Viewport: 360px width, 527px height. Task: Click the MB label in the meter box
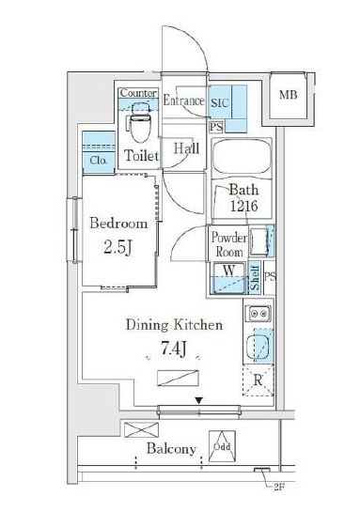[289, 95]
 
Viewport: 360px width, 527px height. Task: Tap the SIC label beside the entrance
[219, 102]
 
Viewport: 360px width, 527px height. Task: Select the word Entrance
[183, 101]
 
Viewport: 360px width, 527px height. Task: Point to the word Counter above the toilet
[138, 93]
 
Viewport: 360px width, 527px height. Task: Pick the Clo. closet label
[99, 161]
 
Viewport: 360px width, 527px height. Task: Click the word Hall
[187, 148]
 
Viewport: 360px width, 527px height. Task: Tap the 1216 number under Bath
[243, 206]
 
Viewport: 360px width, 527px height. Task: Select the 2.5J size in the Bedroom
[117, 247]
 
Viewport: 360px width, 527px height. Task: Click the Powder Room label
[228, 244]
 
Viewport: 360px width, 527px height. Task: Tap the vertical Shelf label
[255, 278]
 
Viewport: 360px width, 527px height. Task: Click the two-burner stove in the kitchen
[258, 314]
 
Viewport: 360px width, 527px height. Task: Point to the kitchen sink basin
[258, 348]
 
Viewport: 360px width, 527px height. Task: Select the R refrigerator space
[258, 380]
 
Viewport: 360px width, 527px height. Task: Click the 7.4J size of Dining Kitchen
[174, 349]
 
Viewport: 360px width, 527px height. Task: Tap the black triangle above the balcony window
[199, 400]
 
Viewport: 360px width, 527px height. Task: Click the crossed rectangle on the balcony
[141, 430]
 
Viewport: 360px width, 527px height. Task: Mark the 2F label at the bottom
[279, 487]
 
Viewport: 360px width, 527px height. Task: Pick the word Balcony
[171, 449]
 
